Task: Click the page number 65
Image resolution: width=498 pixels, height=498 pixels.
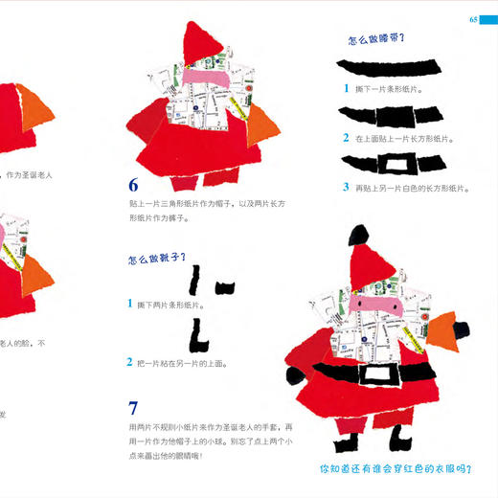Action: coord(472,20)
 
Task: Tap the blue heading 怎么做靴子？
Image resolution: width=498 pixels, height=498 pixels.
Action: coord(155,259)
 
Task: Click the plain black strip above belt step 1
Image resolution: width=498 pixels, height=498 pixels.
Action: coord(391,66)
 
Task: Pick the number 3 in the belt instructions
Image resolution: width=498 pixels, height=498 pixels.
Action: coord(347,187)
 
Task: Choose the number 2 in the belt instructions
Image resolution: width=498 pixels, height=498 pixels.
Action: coord(347,138)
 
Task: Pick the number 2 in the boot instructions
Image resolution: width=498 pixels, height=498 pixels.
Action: coord(129,362)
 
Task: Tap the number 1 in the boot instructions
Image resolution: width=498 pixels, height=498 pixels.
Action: coord(129,304)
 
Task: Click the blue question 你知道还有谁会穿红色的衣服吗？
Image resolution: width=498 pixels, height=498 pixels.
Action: coord(396,469)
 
